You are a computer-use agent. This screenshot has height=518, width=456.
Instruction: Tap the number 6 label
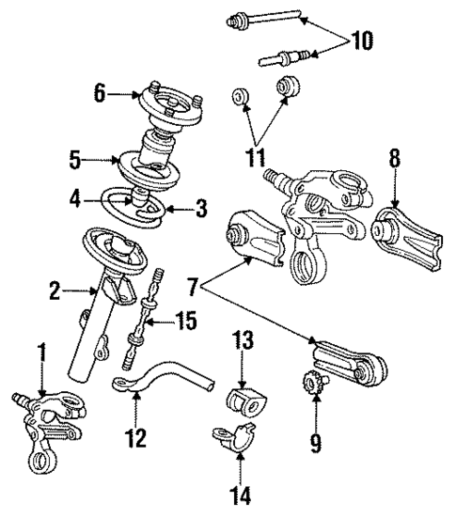point(99,92)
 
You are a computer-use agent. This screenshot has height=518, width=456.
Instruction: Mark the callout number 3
point(199,210)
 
